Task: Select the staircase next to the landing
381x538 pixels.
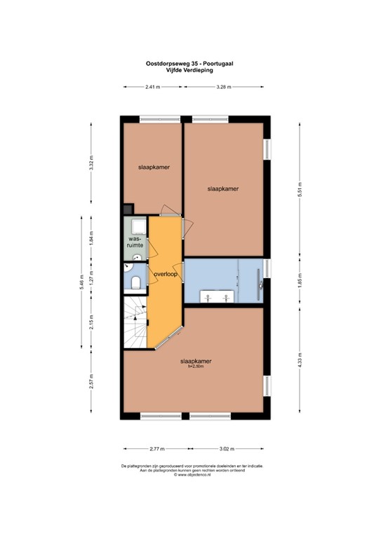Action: (x=135, y=322)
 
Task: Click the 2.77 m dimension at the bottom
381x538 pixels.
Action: (x=156, y=449)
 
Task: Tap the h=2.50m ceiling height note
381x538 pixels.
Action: (x=196, y=366)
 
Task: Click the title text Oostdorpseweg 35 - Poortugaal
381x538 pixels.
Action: (x=190, y=63)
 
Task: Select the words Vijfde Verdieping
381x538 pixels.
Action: (x=190, y=70)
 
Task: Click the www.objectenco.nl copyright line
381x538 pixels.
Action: (x=190, y=476)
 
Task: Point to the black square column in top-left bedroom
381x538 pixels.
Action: (x=128, y=209)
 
